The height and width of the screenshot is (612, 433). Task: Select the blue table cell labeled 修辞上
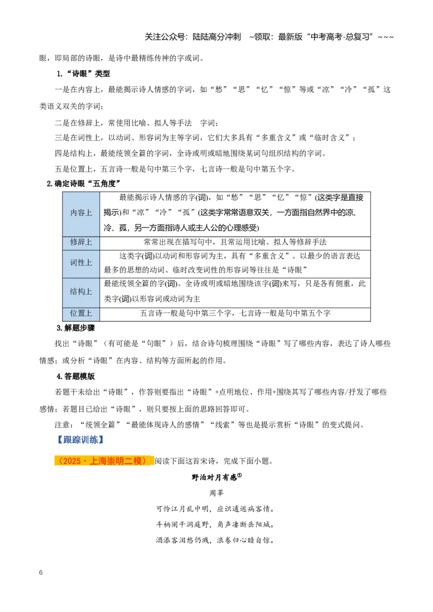pyautogui.click(x=81, y=243)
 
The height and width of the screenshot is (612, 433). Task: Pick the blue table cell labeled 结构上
pyautogui.click(x=81, y=292)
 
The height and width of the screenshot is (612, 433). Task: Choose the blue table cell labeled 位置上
pyautogui.click(x=81, y=314)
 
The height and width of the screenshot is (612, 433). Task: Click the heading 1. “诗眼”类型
pyautogui.click(x=83, y=74)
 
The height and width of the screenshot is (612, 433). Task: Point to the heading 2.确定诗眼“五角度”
pyautogui.click(x=84, y=183)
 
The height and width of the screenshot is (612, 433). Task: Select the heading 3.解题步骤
pyautogui.click(x=76, y=328)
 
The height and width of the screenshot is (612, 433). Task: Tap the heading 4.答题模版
pyautogui.click(x=76, y=376)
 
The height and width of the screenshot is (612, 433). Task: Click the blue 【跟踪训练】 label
pyautogui.click(x=80, y=440)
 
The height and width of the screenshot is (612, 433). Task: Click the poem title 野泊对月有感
pyautogui.click(x=216, y=477)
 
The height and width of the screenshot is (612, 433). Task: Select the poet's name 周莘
pyautogui.click(x=216, y=494)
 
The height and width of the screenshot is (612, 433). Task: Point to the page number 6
pyautogui.click(x=41, y=573)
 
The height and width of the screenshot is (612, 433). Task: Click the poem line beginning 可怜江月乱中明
pyautogui.click(x=215, y=509)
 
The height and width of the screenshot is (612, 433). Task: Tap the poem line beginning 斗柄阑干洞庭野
pyautogui.click(x=215, y=524)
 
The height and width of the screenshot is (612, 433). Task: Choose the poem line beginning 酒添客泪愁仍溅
pyautogui.click(x=215, y=541)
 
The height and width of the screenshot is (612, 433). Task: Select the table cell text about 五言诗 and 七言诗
pyautogui.click(x=235, y=314)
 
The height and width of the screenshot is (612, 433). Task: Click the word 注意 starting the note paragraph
pyautogui.click(x=62, y=424)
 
